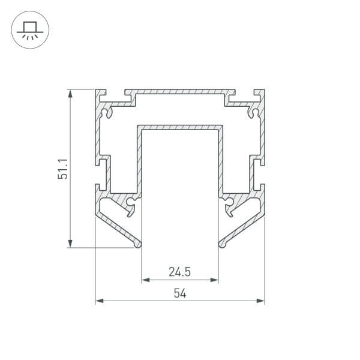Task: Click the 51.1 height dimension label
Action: [x=63, y=169]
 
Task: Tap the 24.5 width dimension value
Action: [x=180, y=272]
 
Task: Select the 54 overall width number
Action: [x=180, y=293]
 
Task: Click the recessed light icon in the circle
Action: [x=30, y=30]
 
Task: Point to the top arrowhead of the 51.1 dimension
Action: [x=70, y=93]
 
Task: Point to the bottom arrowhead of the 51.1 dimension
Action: [x=70, y=244]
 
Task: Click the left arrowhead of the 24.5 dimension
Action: [x=146, y=280]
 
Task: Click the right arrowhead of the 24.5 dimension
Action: [x=214, y=280]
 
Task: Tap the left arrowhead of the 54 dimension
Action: [x=99, y=301]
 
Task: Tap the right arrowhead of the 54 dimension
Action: [x=261, y=301]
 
